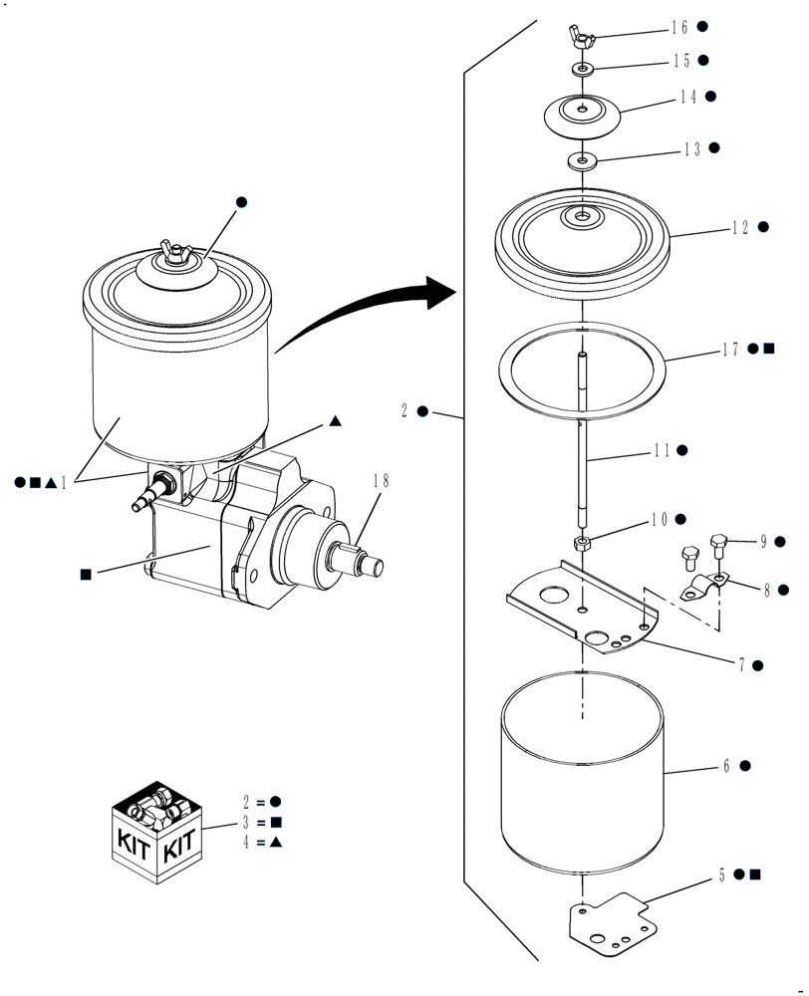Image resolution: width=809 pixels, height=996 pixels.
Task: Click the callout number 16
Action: coord(679,27)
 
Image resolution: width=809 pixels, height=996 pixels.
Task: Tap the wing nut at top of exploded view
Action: coord(581,38)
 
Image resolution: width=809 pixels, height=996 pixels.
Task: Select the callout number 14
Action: coord(688,97)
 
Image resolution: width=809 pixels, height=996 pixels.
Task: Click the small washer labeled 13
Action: coord(581,159)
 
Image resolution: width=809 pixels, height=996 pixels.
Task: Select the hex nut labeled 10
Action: coord(582,543)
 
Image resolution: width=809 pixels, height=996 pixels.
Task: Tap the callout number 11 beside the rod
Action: coord(661,450)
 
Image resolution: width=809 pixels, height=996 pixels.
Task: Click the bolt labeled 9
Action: coord(720,545)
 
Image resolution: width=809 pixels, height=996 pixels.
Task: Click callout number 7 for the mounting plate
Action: coord(742,664)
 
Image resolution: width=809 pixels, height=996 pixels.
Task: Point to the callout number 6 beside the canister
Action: coord(728,766)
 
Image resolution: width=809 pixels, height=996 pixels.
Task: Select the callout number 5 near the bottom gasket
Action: coord(723,875)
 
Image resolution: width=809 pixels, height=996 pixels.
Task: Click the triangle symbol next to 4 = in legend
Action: coord(276,844)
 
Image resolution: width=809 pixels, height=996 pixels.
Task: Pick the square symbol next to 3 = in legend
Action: coord(276,823)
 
